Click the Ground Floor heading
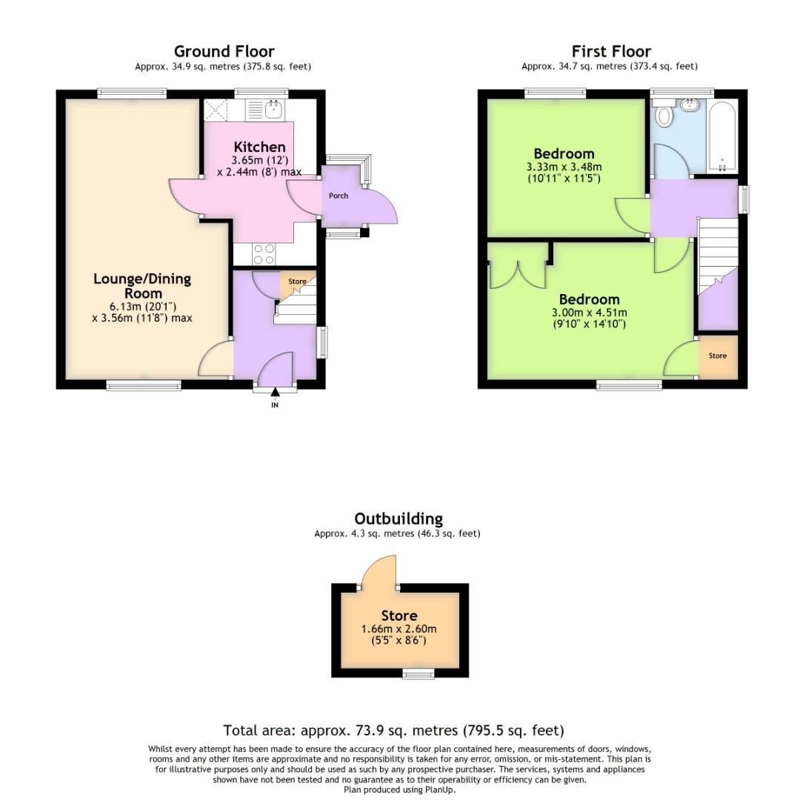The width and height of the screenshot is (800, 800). click(224, 51)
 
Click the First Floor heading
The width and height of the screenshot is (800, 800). click(611, 51)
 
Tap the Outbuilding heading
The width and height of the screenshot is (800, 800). click(398, 519)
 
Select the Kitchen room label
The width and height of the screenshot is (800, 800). click(259, 147)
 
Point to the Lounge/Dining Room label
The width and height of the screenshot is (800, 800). click(142, 286)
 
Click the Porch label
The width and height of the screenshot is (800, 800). click(339, 196)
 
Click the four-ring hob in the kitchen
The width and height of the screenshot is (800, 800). click(264, 254)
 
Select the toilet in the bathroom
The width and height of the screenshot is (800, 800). click(664, 116)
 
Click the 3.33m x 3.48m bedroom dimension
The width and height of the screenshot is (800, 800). click(564, 167)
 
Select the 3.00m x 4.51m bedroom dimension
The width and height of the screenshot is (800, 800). click(589, 313)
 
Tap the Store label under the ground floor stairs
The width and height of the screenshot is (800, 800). click(297, 281)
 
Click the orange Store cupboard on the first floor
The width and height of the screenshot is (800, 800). click(718, 356)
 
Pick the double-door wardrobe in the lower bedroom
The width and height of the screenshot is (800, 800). click(517, 268)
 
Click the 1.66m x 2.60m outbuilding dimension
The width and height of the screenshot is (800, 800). click(399, 629)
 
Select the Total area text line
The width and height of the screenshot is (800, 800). click(393, 730)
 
